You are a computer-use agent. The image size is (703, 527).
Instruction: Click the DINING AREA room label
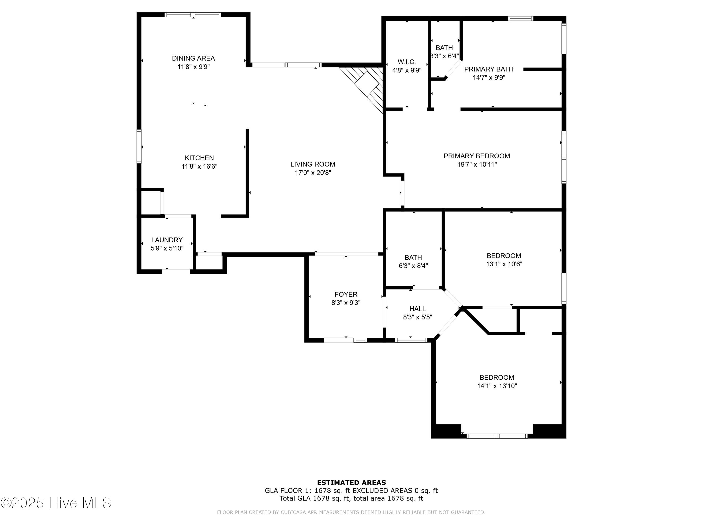pos(193,58)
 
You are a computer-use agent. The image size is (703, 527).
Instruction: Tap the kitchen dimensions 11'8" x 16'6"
pos(199,166)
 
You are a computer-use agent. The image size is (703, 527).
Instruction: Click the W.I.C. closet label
pos(407,62)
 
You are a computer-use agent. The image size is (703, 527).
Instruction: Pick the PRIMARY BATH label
pos(489,69)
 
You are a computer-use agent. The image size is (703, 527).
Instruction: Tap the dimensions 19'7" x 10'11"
pos(477,164)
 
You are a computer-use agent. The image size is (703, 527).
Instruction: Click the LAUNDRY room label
pos(167,240)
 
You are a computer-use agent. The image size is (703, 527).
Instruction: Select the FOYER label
pos(346,294)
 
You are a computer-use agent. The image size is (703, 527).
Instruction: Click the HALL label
pos(417,309)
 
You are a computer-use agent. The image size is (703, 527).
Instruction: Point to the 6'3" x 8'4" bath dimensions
pos(413,266)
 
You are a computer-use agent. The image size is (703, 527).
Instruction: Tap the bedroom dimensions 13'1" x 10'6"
pos(504,264)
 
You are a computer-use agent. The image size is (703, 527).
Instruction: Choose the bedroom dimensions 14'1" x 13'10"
pos(497,386)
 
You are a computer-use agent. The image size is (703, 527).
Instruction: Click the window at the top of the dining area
pos(193,15)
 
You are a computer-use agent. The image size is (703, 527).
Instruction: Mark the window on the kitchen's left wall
pos(139,146)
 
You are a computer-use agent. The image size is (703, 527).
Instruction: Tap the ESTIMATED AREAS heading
pos(351,483)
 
